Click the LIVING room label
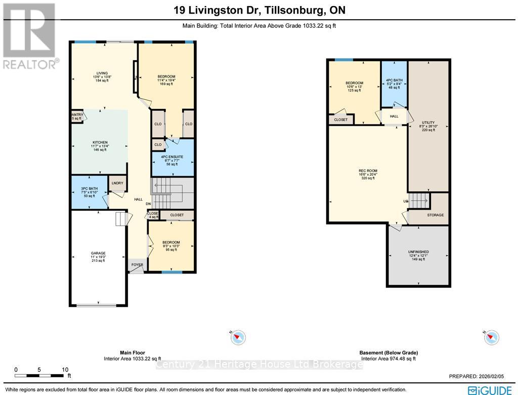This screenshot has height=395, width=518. [102, 73]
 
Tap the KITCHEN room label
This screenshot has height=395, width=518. [100, 142]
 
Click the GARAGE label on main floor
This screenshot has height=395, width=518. [98, 253]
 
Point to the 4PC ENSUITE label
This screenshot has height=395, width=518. [173, 157]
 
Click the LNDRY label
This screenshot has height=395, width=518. [118, 183]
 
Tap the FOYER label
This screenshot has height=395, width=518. [137, 264]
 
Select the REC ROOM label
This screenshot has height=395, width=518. [368, 171]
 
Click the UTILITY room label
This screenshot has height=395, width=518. [428, 123]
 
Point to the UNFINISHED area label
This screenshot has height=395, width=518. [418, 252]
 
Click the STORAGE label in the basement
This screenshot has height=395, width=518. [435, 215]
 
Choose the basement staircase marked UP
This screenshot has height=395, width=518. [418, 201]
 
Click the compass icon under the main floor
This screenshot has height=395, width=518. [238, 337]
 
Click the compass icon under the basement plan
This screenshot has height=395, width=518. [491, 337]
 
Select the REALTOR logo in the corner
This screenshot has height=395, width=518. [30, 35]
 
